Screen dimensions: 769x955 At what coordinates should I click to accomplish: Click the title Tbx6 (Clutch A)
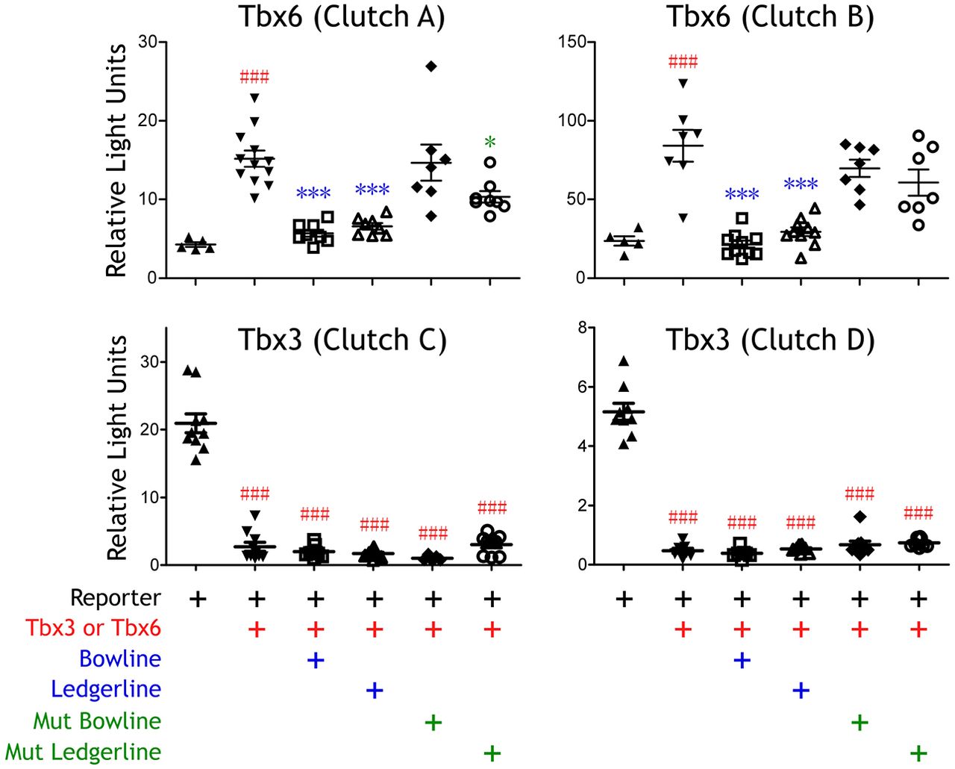click(342, 16)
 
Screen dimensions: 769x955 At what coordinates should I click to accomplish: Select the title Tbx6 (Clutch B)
click(770, 16)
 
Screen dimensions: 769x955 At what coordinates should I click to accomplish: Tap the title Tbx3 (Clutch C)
click(342, 340)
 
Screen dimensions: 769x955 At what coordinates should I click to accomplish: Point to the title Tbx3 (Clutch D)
click(770, 340)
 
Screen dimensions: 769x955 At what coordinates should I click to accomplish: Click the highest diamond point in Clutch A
click(431, 66)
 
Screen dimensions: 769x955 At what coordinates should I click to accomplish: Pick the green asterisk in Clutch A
click(490, 143)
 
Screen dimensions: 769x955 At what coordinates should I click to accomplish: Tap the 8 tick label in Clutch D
click(581, 327)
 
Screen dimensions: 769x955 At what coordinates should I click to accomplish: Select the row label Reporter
click(116, 598)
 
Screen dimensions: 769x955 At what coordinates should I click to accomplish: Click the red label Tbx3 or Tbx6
click(93, 628)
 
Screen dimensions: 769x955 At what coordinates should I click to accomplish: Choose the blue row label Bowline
click(120, 659)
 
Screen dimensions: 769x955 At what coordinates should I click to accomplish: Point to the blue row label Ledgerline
click(106, 689)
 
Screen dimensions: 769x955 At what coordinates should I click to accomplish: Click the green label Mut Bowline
click(97, 720)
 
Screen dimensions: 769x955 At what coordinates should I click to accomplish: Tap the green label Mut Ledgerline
click(83, 752)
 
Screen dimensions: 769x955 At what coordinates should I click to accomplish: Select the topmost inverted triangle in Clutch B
click(683, 84)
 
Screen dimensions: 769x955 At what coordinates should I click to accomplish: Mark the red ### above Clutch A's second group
click(254, 77)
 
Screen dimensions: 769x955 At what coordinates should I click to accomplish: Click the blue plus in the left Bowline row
click(316, 660)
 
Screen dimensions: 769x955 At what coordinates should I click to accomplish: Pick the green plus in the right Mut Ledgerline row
click(918, 753)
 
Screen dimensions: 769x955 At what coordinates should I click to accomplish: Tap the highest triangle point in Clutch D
click(624, 361)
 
